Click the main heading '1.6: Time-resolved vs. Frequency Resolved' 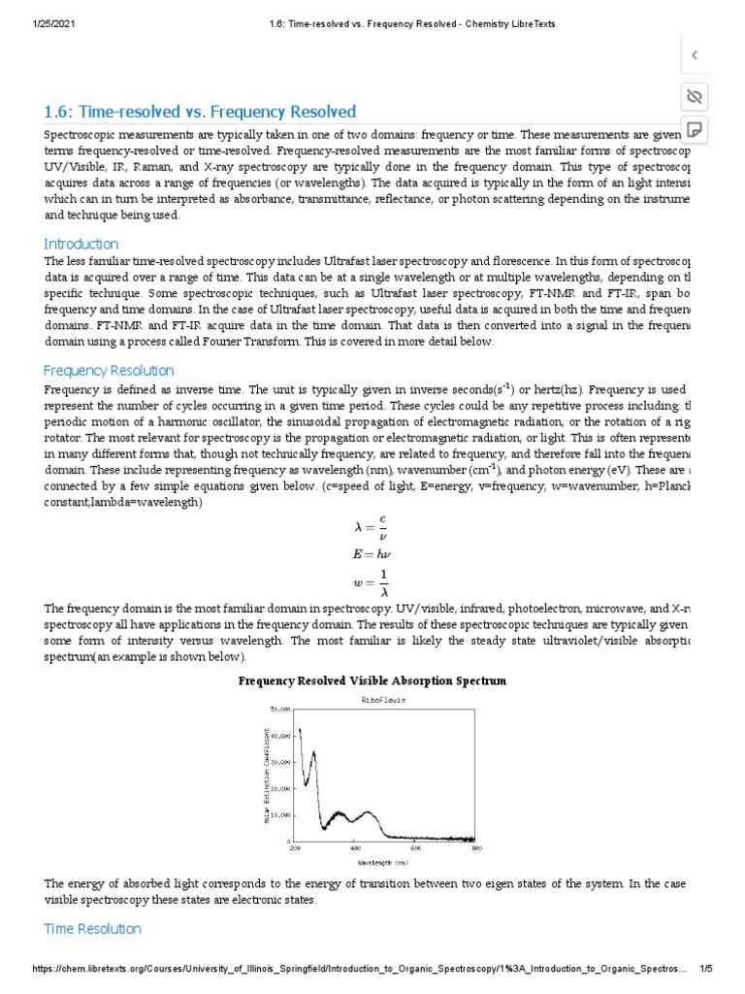[200, 112]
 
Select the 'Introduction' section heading [81, 244]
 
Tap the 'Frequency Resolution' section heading [109, 370]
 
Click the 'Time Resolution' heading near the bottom [92, 928]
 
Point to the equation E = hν [372, 554]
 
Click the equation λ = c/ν [372, 526]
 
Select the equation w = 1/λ [372, 583]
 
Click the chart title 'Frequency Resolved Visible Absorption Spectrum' [372, 680]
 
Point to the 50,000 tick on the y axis [280, 710]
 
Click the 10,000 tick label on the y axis [280, 814]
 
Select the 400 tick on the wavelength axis [354, 848]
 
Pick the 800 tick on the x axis [476, 848]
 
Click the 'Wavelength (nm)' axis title [382, 861]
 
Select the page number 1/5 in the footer [706, 969]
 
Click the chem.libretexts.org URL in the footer [359, 969]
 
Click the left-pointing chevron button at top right [694, 55]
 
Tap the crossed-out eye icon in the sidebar [694, 96]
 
